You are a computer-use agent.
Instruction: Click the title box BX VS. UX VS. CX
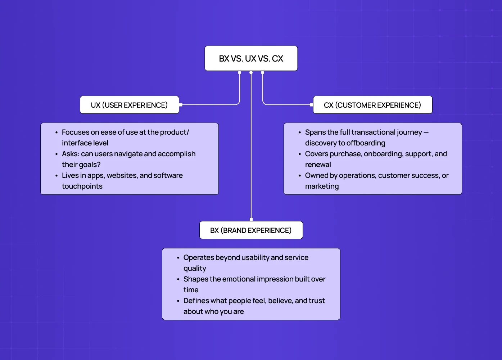click(251, 58)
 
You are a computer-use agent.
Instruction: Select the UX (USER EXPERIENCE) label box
click(129, 105)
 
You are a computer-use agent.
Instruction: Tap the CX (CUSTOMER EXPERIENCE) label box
click(372, 105)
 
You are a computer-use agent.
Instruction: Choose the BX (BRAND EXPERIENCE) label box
click(251, 230)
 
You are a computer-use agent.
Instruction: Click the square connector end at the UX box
click(181, 105)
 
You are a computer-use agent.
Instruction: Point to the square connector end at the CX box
click(311, 105)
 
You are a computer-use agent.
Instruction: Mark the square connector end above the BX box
click(251, 219)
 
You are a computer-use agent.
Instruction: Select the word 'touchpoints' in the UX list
click(82, 186)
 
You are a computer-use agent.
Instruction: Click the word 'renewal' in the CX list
click(318, 165)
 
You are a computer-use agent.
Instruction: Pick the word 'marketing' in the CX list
click(322, 186)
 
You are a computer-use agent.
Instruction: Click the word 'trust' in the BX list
click(317, 301)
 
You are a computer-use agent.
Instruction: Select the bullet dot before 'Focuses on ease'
click(56, 132)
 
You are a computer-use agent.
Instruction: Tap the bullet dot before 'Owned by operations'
click(300, 176)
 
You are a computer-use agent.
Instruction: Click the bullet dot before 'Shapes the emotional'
click(178, 279)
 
